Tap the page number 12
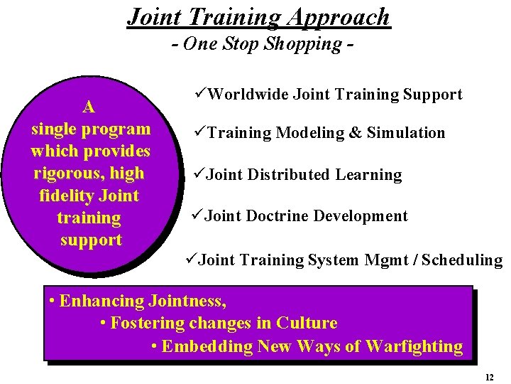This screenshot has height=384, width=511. pos(490,378)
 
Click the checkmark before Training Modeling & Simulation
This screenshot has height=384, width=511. pos(199,132)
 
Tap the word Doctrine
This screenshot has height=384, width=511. pos(278,216)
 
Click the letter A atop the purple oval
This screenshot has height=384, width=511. pos(89,107)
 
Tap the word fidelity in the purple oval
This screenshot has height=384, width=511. pos(68,196)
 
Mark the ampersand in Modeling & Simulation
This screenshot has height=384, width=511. pos(353,133)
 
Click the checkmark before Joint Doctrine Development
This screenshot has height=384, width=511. pos(198,215)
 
